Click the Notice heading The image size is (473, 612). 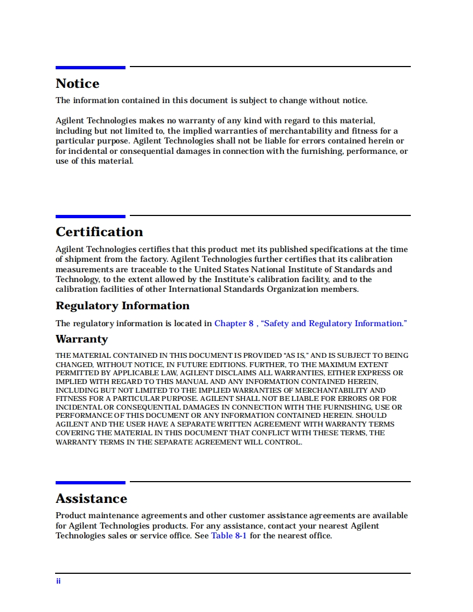(77, 84)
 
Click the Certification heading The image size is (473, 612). (99, 232)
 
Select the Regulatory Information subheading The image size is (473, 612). (122, 306)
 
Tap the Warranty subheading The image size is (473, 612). (82, 339)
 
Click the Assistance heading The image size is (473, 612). (91, 499)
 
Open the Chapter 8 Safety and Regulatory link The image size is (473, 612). (310, 323)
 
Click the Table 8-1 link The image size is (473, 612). (229, 536)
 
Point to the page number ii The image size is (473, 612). (58, 581)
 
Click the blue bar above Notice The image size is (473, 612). (90, 68)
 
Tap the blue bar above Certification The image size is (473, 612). (90, 217)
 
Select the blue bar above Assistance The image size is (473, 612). (90, 483)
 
